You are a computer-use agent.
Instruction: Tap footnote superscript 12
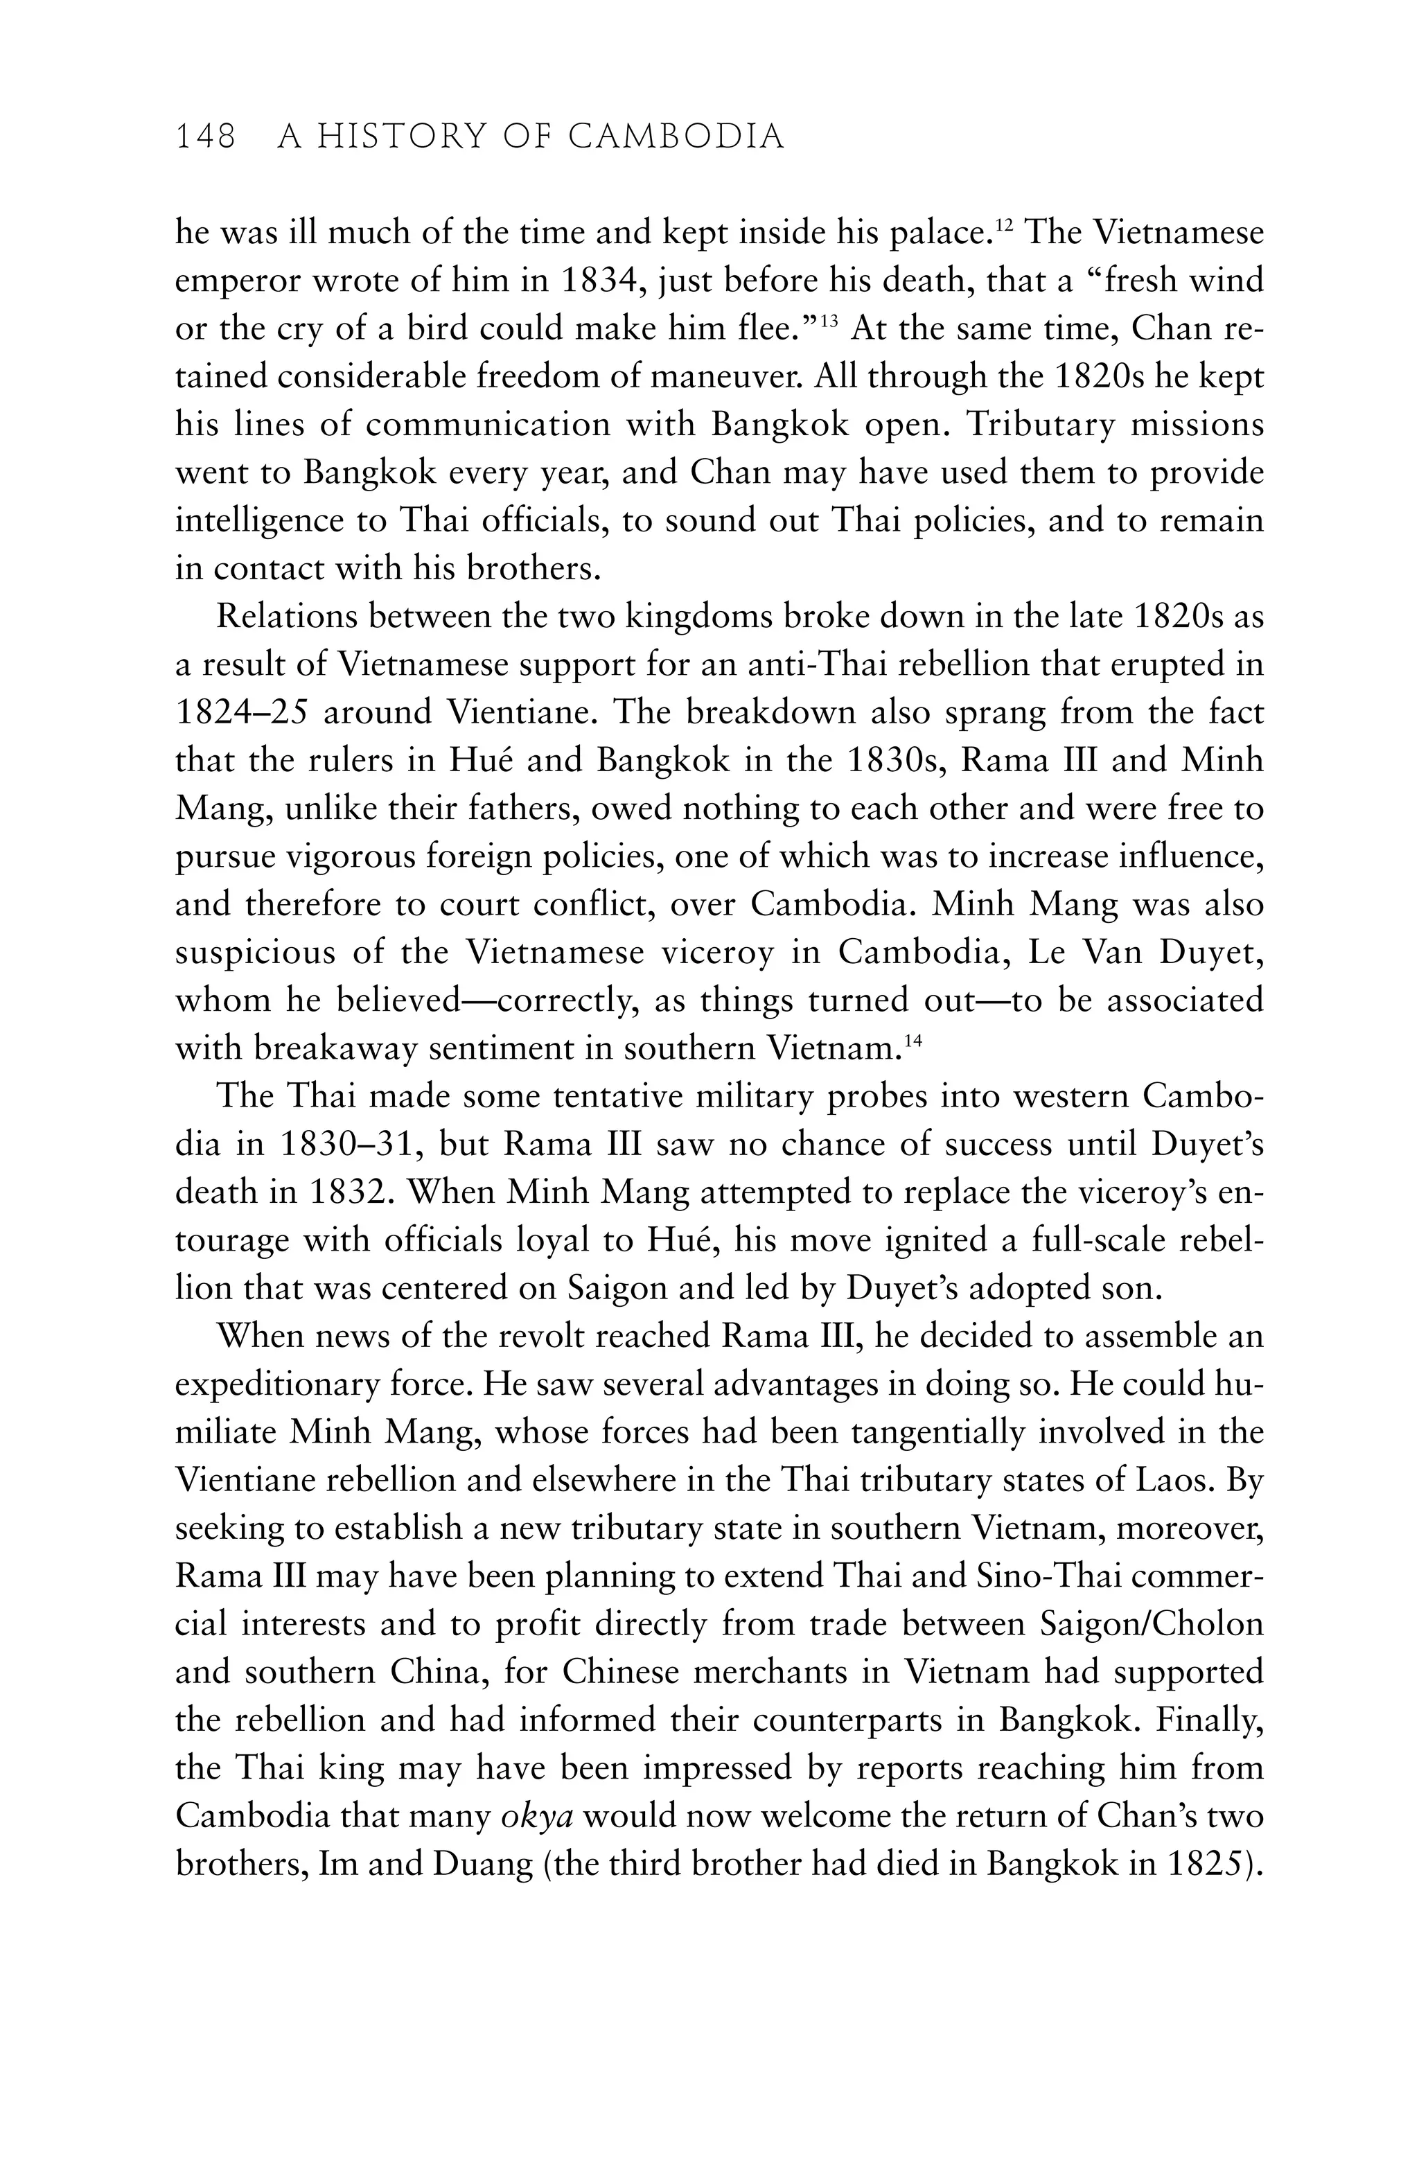(1003, 225)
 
